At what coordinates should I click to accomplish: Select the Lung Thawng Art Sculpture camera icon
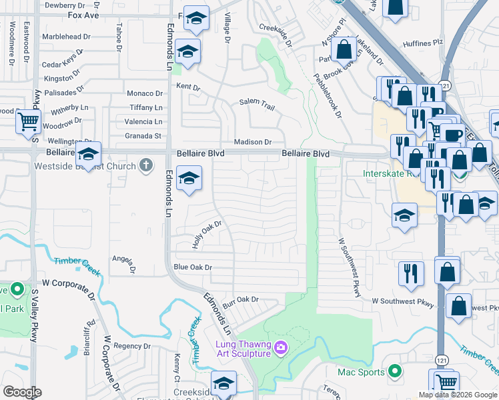tap(281, 347)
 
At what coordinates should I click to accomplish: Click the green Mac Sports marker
tap(395, 372)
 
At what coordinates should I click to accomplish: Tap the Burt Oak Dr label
tap(240, 300)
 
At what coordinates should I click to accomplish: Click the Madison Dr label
tap(253, 142)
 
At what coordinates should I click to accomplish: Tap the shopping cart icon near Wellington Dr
tap(28, 121)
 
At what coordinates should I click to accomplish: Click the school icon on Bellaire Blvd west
tap(88, 155)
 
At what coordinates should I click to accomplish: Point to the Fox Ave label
tap(83, 14)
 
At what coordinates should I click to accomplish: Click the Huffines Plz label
tap(423, 43)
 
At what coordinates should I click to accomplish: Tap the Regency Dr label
tap(128, 345)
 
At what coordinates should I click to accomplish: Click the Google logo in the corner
tap(22, 392)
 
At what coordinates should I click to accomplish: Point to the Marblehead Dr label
tap(66, 37)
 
